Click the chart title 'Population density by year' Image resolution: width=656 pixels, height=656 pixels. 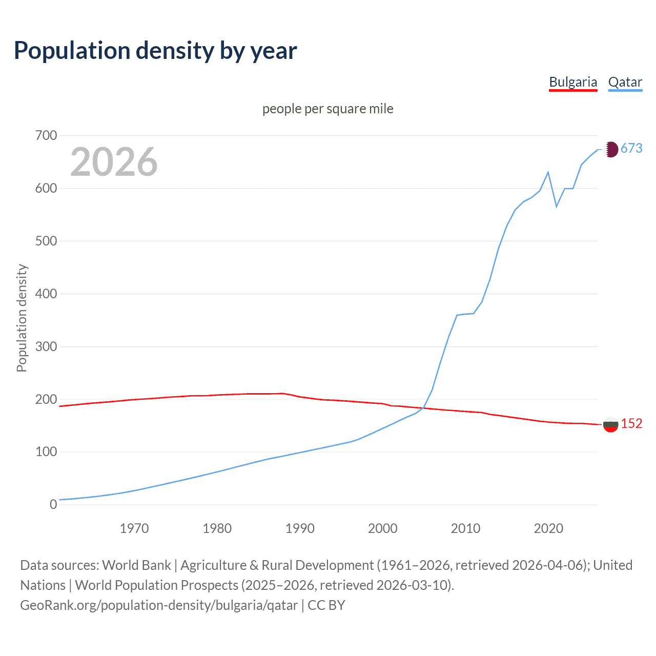pyautogui.click(x=155, y=51)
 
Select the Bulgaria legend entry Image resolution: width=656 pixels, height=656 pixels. pyautogui.click(x=573, y=83)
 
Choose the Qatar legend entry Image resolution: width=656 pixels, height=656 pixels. pyautogui.click(x=625, y=83)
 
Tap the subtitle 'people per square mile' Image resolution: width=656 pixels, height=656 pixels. pyautogui.click(x=327, y=109)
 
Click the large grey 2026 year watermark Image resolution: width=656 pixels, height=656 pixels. pyautogui.click(x=114, y=162)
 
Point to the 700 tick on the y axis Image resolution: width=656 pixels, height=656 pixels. pyautogui.click(x=46, y=136)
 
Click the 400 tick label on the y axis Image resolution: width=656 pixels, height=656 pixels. pyautogui.click(x=46, y=294)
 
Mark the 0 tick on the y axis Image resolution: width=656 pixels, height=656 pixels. pyautogui.click(x=53, y=504)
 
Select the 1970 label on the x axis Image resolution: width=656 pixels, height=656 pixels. pyautogui.click(x=134, y=528)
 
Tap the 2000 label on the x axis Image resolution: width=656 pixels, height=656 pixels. pyautogui.click(x=383, y=528)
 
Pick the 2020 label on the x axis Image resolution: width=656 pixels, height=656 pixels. pyautogui.click(x=548, y=528)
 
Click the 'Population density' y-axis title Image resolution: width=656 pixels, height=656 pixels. pyautogui.click(x=22, y=318)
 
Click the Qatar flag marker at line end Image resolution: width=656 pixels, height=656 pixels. pyautogui.click(x=610, y=149)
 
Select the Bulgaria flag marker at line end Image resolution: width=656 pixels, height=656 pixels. pyautogui.click(x=610, y=424)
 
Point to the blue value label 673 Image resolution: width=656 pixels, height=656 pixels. pyautogui.click(x=631, y=149)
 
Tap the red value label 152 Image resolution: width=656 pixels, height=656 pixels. pyautogui.click(x=631, y=423)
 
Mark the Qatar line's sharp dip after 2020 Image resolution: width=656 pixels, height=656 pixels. pyautogui.click(x=557, y=207)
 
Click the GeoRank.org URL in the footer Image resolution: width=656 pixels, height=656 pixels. pyautogui.click(x=159, y=605)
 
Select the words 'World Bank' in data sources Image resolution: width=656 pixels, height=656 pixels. pyautogui.click(x=136, y=565)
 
